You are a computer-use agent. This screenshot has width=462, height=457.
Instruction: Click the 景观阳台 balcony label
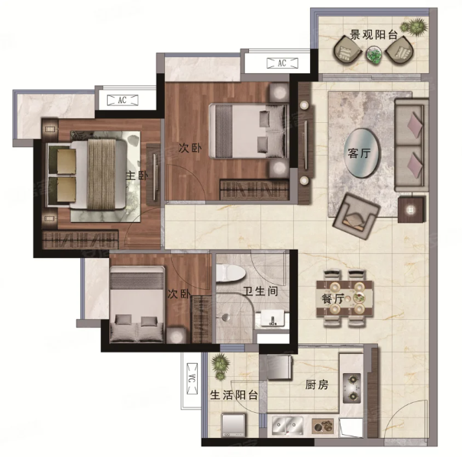tap(373, 35)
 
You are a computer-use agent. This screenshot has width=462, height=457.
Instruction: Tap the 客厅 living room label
tap(359, 153)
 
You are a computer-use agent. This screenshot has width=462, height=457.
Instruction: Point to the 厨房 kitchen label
tap(317, 385)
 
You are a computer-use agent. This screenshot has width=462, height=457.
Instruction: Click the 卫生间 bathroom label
tap(260, 291)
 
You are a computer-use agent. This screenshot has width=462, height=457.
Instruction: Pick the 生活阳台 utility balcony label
tap(234, 395)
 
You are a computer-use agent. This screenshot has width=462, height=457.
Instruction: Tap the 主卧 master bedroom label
tap(137, 175)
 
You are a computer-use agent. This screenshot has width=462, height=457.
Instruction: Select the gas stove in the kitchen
tap(352, 388)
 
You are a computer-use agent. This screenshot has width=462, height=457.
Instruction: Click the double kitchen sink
tap(287, 426)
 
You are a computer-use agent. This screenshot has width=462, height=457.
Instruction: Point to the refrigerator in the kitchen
tap(279, 367)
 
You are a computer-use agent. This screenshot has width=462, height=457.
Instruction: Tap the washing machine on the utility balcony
tap(234, 425)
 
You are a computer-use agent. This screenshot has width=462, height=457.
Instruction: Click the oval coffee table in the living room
tap(362, 153)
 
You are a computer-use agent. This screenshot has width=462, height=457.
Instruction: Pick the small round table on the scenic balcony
tap(374, 54)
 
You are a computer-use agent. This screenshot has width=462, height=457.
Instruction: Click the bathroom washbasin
tap(273, 319)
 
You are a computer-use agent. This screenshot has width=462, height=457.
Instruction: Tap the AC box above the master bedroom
tap(122, 100)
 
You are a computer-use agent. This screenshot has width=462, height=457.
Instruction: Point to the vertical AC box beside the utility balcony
tap(192, 379)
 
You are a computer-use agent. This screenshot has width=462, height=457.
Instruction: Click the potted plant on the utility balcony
tap(221, 366)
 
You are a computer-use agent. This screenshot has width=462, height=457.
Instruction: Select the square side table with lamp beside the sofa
tap(411, 209)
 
